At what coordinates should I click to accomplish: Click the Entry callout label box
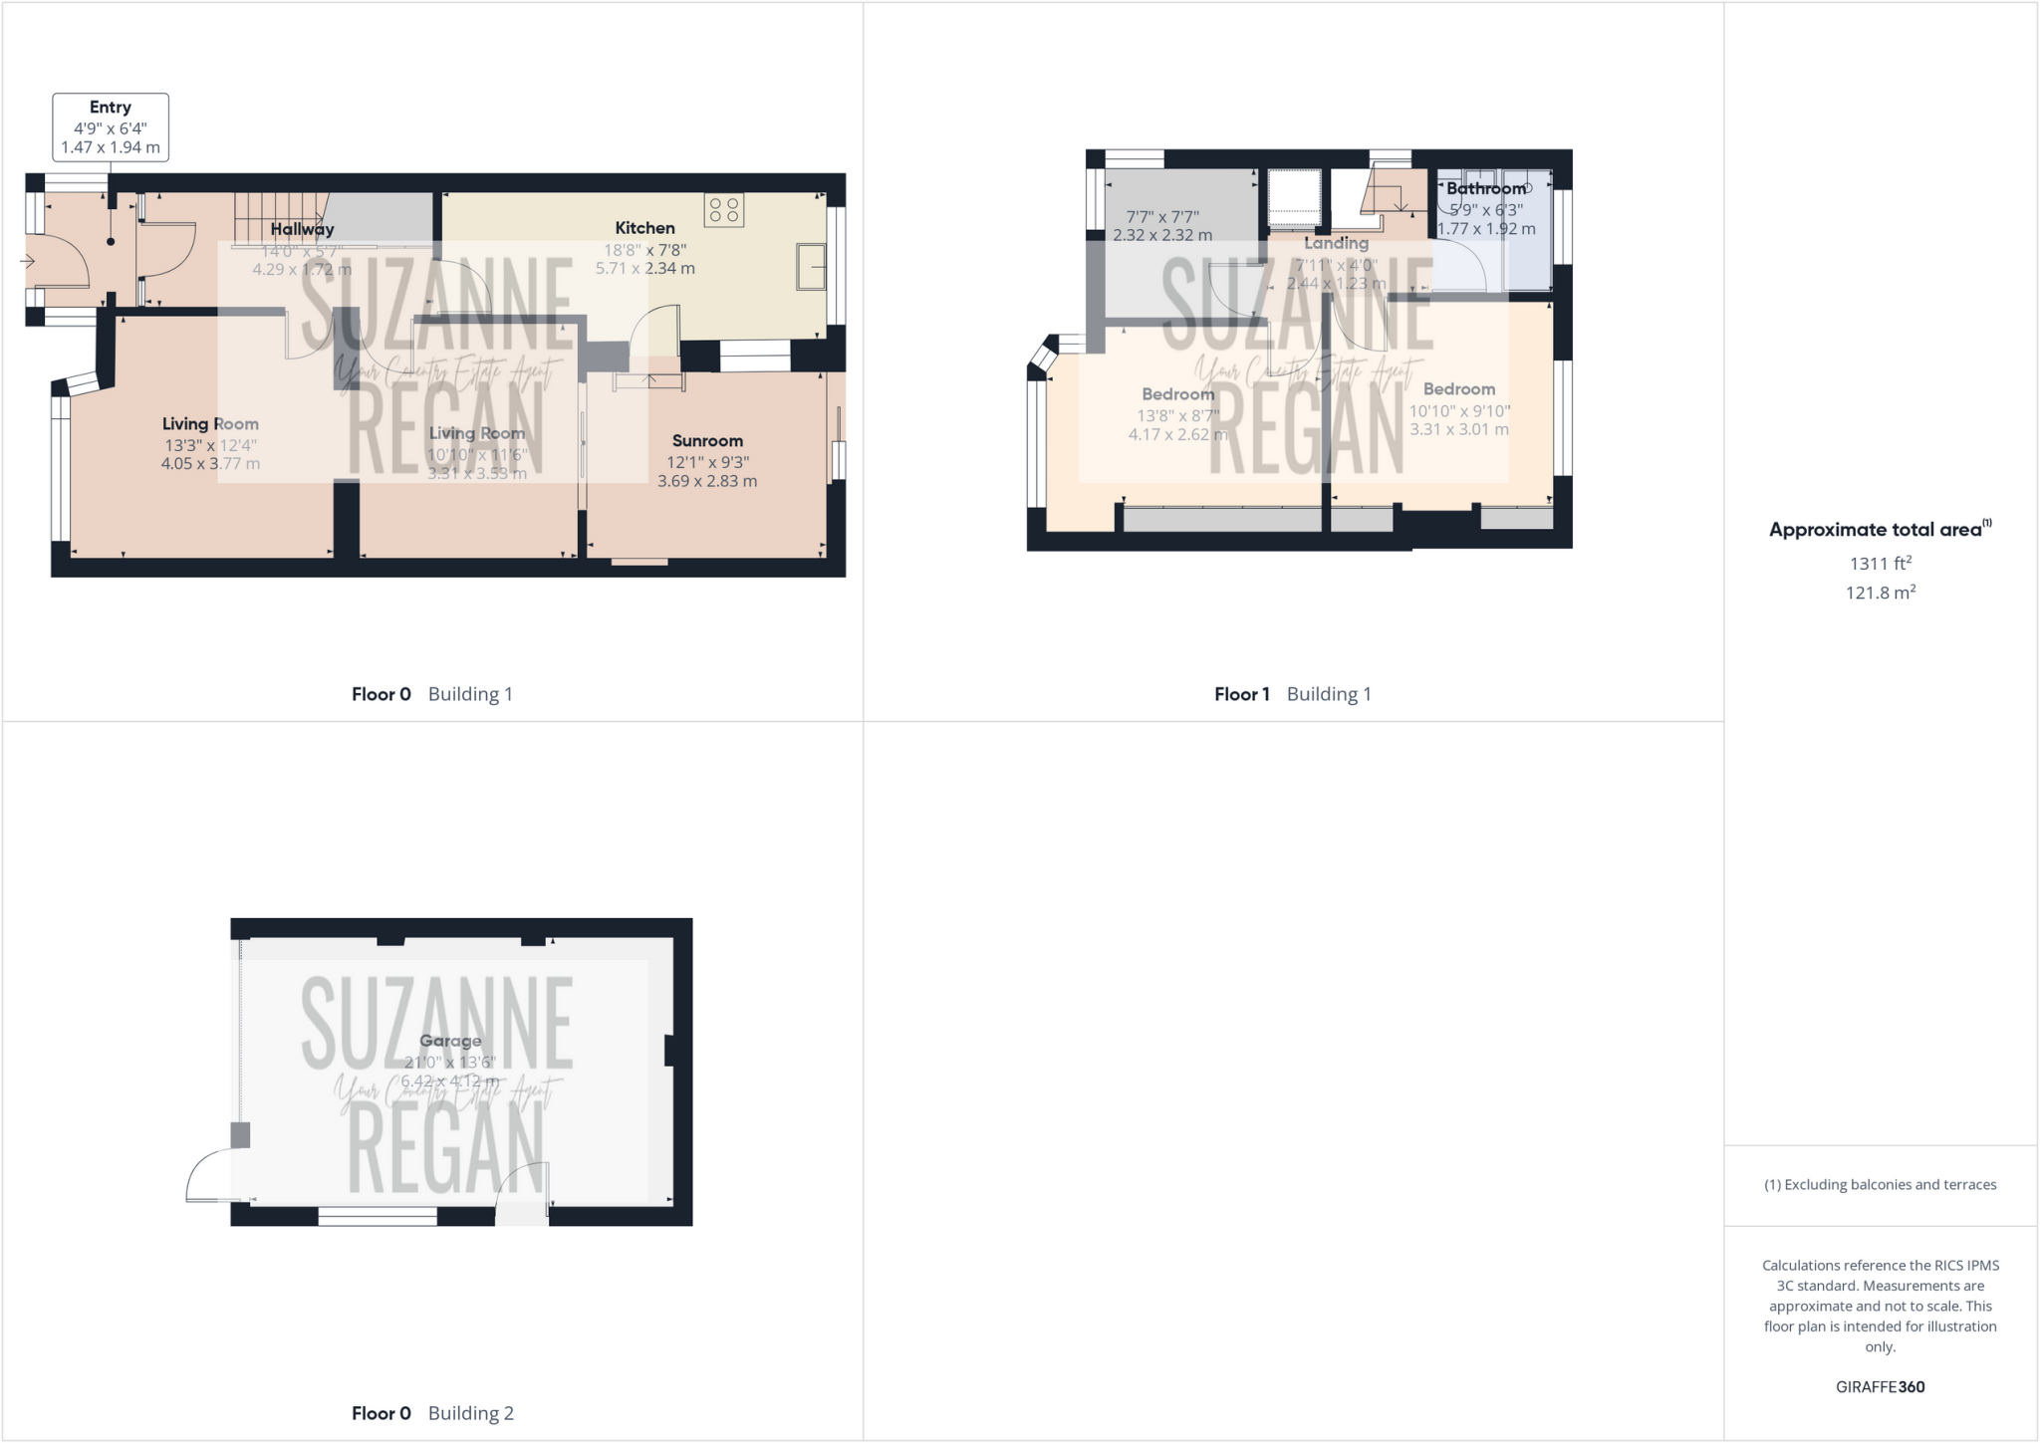click(x=111, y=126)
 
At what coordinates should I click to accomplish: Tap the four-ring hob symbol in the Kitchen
click(x=724, y=210)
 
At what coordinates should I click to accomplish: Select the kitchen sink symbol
click(x=811, y=267)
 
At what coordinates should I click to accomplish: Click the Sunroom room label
click(x=707, y=440)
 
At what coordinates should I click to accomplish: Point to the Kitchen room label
click(x=644, y=228)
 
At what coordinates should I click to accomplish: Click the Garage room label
click(x=450, y=1041)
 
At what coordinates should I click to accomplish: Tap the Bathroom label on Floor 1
click(x=1485, y=188)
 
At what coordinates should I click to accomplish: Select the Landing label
click(x=1336, y=243)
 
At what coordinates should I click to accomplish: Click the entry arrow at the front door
click(x=27, y=262)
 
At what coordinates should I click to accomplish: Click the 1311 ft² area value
click(x=1881, y=564)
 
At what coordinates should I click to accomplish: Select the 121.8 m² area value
click(x=1881, y=593)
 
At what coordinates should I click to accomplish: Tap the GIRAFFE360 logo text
click(x=1880, y=1386)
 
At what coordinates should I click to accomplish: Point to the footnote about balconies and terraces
click(x=1880, y=1185)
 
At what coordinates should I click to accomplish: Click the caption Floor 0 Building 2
click(x=432, y=1413)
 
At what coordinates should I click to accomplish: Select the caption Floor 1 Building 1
click(x=1292, y=694)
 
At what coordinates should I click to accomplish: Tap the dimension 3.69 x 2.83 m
click(x=707, y=481)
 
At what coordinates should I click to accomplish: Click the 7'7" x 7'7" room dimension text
click(x=1162, y=217)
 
